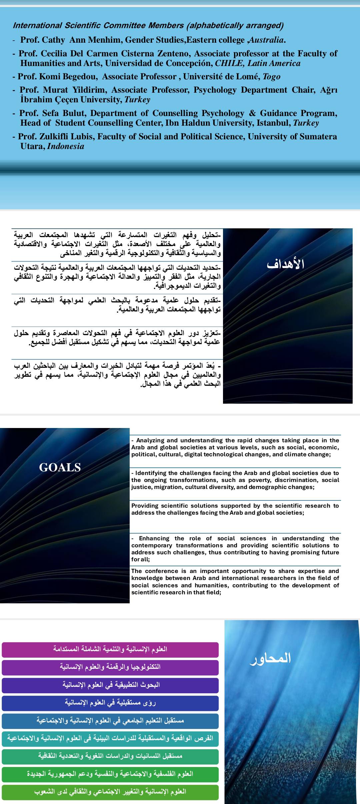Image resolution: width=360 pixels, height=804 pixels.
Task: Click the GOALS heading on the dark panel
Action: (x=60, y=467)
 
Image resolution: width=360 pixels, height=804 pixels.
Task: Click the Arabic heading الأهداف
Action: (x=285, y=264)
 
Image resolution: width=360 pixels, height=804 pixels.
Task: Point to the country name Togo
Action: (x=271, y=77)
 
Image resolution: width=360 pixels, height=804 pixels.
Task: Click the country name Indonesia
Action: (x=66, y=146)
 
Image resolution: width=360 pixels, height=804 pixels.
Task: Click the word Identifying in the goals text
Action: (x=152, y=473)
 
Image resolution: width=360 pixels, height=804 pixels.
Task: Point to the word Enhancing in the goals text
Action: (x=154, y=538)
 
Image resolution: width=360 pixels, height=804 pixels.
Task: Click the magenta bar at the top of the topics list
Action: (x=110, y=650)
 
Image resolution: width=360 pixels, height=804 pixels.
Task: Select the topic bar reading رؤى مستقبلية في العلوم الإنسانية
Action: (x=110, y=703)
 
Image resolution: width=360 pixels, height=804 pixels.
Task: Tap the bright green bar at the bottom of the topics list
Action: (x=110, y=792)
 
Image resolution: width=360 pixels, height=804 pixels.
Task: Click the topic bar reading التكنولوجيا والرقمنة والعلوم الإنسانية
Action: (x=110, y=667)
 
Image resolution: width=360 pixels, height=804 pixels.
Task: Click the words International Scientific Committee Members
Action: (x=98, y=26)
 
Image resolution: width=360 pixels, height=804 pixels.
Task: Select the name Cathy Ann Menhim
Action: (x=71, y=40)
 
